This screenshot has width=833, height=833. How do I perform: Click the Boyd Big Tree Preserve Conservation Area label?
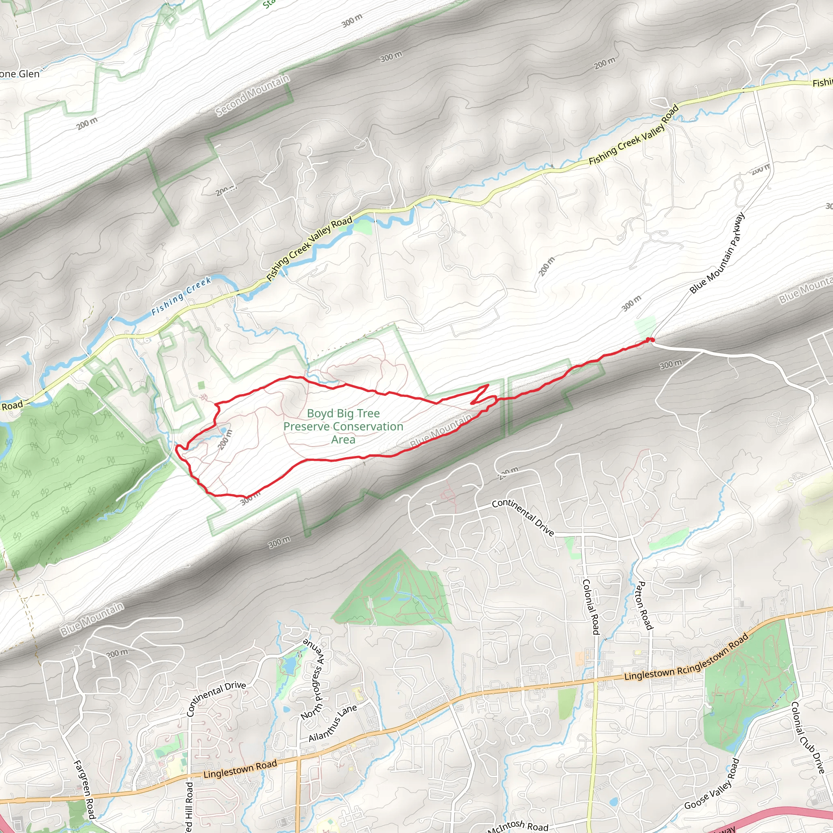[343, 426]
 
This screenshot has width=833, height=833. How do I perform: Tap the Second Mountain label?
[253, 96]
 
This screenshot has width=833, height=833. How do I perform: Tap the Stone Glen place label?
[20, 74]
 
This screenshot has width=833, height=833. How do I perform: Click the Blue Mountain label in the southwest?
[92, 619]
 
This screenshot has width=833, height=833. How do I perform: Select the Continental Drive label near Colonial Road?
[523, 517]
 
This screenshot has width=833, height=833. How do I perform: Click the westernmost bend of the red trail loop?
[177, 448]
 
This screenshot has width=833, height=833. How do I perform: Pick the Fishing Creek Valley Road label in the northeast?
[634, 135]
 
